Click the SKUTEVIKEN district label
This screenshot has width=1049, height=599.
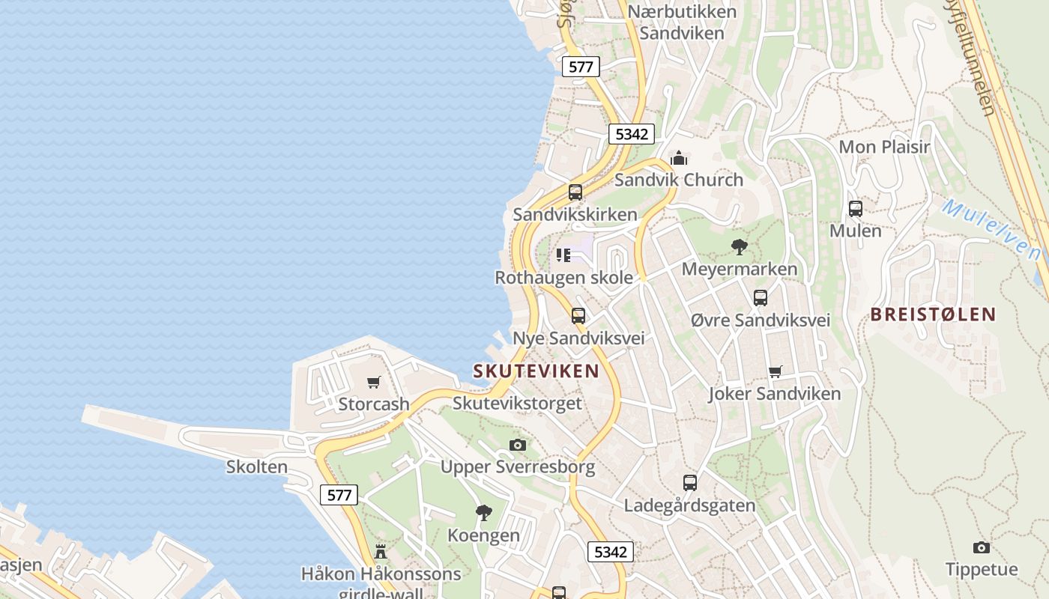pos(536,371)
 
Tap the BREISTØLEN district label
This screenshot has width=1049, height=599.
pos(933,314)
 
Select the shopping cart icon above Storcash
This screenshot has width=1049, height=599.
pos(374,383)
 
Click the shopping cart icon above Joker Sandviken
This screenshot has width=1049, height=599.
pos(775,372)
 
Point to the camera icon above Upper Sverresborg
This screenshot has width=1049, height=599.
pos(517,446)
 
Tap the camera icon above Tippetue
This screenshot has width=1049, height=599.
pos(981,547)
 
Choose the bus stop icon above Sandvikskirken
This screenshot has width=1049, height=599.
pos(575,192)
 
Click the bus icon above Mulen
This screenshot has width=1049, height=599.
pos(855,209)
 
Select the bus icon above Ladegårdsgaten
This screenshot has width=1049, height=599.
pos(690,483)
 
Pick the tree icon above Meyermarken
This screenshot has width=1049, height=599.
pos(740,246)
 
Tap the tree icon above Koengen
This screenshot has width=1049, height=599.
pos(484,513)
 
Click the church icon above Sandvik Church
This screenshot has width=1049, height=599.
pos(679,158)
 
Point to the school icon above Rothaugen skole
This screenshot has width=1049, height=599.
pos(563,255)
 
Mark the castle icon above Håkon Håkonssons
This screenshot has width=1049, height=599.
pos(381,552)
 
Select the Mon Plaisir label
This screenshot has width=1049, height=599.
pos(884,147)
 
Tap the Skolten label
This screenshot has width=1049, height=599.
pos(257,467)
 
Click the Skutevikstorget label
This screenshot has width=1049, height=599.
pos(517,404)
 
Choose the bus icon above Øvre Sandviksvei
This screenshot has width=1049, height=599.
pos(761,298)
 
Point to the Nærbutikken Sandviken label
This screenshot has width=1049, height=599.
pos(682,22)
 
